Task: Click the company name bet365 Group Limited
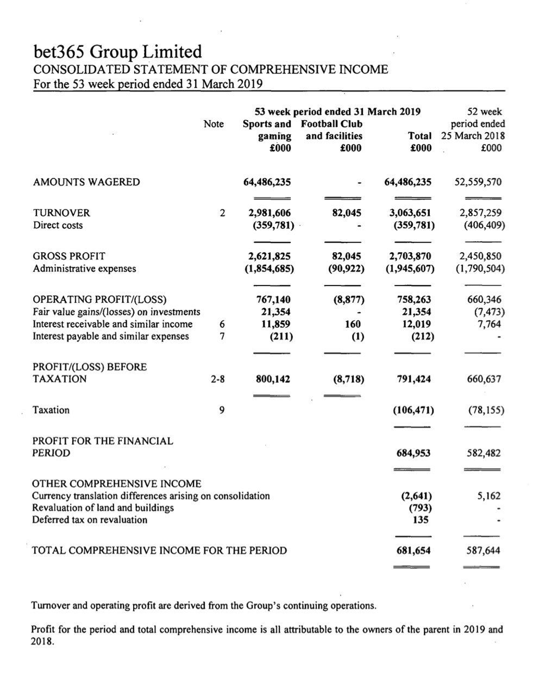pyautogui.click(x=117, y=52)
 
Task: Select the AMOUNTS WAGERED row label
pyautogui.click(x=86, y=182)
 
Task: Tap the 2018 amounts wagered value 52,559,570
pyautogui.click(x=478, y=182)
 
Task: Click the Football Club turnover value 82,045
pyautogui.click(x=347, y=213)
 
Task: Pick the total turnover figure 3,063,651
pyautogui.click(x=410, y=213)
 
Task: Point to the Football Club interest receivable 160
pyautogui.click(x=353, y=324)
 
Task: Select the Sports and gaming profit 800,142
pyautogui.click(x=273, y=379)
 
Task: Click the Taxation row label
pyautogui.click(x=51, y=410)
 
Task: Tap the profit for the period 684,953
pyautogui.click(x=412, y=453)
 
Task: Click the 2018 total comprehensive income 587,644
pyautogui.click(x=483, y=550)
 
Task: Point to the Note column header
pyautogui.click(x=214, y=124)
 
